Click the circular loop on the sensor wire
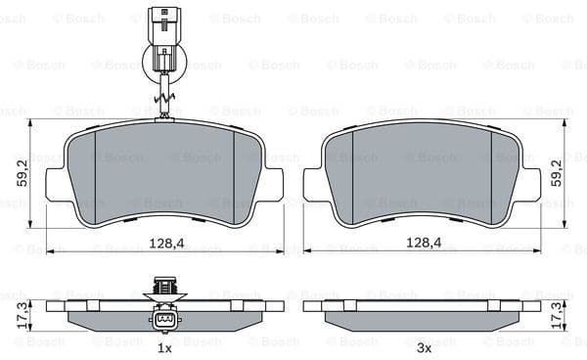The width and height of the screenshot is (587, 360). tap(164, 66)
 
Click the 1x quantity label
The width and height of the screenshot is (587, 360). tap(164, 347)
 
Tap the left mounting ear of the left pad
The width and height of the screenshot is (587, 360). tap(57, 184)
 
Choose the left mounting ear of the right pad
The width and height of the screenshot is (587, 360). tap(314, 184)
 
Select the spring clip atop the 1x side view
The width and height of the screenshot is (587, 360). tap(164, 288)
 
